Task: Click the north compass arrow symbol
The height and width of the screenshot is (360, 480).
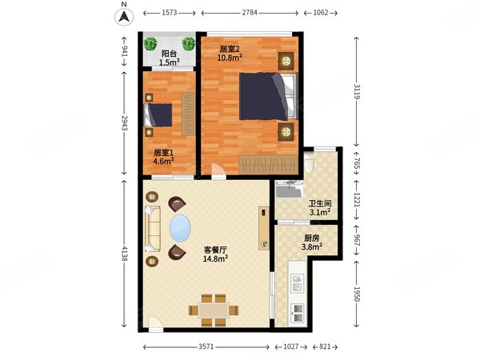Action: pyautogui.click(x=124, y=17)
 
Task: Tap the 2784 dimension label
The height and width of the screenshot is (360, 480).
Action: pyautogui.click(x=250, y=13)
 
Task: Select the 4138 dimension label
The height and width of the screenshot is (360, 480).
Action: pyautogui.click(x=124, y=253)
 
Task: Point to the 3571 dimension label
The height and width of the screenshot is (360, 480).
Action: pyautogui.click(x=206, y=346)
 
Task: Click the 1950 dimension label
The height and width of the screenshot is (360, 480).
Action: pyautogui.click(x=357, y=294)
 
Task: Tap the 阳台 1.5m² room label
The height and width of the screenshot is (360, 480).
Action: pyautogui.click(x=169, y=58)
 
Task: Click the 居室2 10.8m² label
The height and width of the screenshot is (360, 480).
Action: pyautogui.click(x=230, y=54)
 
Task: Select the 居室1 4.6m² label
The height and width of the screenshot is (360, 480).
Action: pyautogui.click(x=163, y=157)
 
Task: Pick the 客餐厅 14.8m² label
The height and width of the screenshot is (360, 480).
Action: pyautogui.click(x=215, y=254)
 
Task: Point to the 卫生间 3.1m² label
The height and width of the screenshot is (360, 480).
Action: pyautogui.click(x=320, y=208)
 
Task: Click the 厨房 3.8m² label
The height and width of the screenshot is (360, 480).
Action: pyautogui.click(x=312, y=242)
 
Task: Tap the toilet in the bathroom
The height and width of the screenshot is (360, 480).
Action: pyautogui.click(x=309, y=162)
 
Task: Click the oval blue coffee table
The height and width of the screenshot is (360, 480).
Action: pyautogui.click(x=180, y=228)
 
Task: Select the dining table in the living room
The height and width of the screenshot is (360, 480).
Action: pyautogui.click(x=214, y=310)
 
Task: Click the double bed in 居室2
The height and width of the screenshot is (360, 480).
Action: pyautogui.click(x=269, y=96)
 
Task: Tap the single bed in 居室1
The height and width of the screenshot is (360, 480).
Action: pyautogui.click(x=158, y=115)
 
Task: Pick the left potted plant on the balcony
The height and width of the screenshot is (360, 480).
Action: pyautogui.click(x=150, y=43)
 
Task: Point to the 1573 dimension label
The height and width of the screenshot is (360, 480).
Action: pyautogui.click(x=170, y=13)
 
